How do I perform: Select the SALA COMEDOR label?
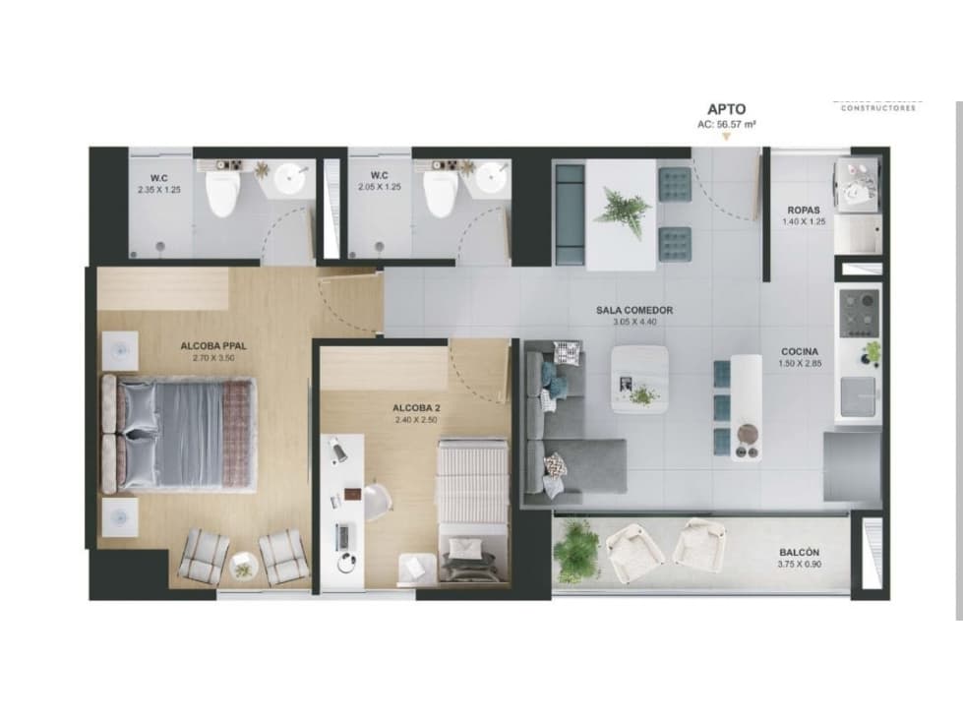click(634, 311)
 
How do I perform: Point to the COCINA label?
click(800, 351)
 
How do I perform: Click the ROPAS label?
click(805, 211)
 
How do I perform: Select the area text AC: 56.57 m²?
click(726, 125)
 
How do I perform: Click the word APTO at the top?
click(726, 110)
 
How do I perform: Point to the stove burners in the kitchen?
click(859, 311)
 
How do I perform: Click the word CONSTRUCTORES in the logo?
click(877, 108)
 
